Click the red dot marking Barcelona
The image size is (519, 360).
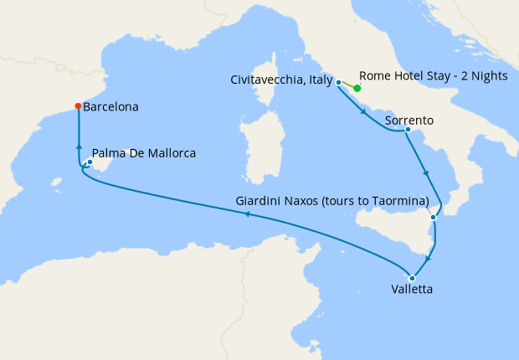tap(78, 106)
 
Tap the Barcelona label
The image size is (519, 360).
tap(111, 107)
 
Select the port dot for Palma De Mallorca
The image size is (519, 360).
tap(90, 162)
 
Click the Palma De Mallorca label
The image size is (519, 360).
tap(144, 153)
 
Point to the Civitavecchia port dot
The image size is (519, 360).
tap(338, 82)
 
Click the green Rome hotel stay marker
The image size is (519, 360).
tap(357, 88)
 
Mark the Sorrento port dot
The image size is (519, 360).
tap(407, 130)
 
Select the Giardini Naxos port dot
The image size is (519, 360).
tap(433, 218)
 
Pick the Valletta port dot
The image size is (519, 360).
tap(412, 278)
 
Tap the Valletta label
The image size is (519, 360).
tap(412, 291)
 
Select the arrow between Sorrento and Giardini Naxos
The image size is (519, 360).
tap(428, 173)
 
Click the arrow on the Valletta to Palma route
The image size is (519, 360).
tap(246, 214)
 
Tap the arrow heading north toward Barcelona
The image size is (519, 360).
tap(79, 146)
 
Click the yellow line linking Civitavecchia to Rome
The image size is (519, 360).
tap(347, 85)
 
